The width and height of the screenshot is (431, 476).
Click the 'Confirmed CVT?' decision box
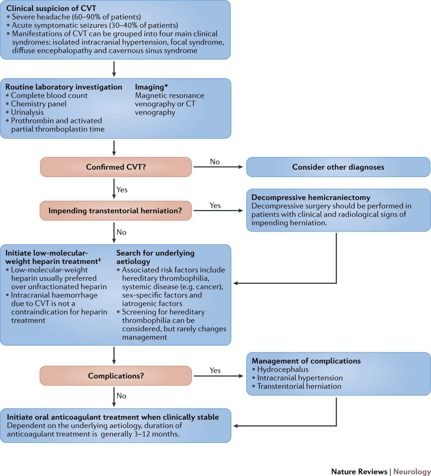tap(116, 167)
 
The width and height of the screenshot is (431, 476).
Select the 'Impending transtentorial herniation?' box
tap(116, 211)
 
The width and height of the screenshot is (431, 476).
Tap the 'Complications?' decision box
tap(116, 375)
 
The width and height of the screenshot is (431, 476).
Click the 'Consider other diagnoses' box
tap(338, 167)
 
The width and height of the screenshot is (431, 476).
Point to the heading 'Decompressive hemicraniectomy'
tap(311, 197)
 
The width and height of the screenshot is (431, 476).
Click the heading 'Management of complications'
tap(306, 361)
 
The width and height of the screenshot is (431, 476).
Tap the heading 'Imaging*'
tap(151, 87)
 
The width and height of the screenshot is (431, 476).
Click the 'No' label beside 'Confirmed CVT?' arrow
tap(215, 162)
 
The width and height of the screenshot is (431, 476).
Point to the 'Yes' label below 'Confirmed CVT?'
tap(122, 190)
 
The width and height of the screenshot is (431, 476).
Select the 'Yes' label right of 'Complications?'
tap(215, 370)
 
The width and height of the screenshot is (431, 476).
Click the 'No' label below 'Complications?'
tap(121, 396)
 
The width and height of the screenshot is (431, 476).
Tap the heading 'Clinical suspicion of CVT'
tap(51, 8)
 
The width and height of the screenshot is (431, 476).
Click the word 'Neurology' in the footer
tap(412, 471)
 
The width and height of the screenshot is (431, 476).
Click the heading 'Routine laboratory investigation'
tap(64, 87)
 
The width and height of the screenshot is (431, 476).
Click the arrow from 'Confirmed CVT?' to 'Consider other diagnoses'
tap(218, 167)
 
